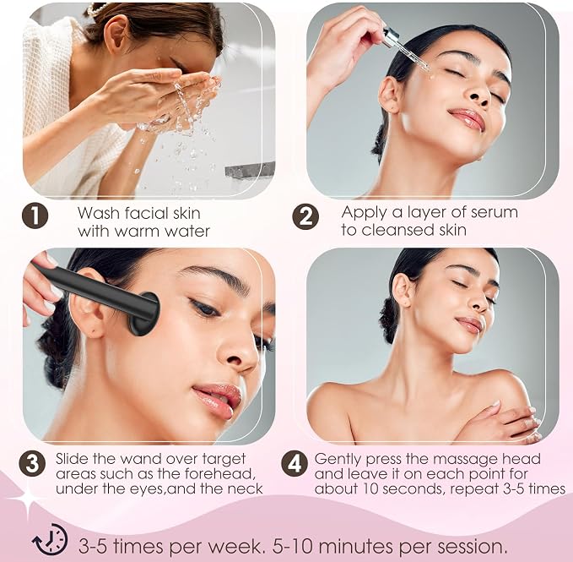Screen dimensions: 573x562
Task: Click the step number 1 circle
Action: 35,216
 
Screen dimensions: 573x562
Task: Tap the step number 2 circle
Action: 305,216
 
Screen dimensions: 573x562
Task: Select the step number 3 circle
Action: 32,464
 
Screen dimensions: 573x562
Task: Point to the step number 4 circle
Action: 295,464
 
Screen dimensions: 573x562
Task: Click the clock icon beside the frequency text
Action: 50,540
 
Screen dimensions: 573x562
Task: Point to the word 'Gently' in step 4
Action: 338,460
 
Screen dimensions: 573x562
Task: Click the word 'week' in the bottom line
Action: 235,547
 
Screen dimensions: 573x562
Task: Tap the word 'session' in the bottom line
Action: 472,547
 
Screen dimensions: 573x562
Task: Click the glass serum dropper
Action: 404,48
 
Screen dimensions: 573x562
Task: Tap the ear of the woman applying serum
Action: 389,95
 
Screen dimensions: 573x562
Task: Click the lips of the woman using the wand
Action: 217,400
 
